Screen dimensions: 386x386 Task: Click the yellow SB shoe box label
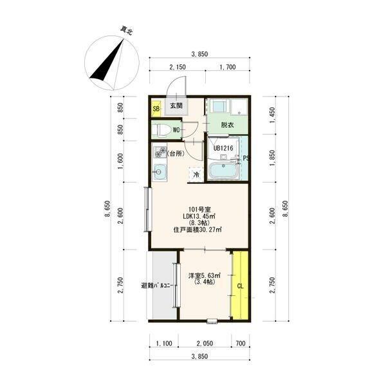[x=156, y=109]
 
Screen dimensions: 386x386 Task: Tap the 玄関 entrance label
[x=176, y=106]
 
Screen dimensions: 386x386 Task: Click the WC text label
[x=176, y=130]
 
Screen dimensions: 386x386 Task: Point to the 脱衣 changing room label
[x=227, y=125]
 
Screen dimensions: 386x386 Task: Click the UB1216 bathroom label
[x=223, y=148]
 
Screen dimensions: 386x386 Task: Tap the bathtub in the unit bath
[x=223, y=170]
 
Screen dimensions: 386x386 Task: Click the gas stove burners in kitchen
[x=160, y=152]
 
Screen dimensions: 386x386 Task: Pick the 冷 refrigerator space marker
[x=196, y=175]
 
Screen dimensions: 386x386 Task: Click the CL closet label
[x=240, y=286]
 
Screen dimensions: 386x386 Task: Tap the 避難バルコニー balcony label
[x=157, y=286]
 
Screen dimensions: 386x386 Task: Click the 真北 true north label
[x=126, y=31]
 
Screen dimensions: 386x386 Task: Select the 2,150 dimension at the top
[x=178, y=67]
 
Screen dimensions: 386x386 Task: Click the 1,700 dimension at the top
[x=228, y=67]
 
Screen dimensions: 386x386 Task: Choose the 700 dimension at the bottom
[x=241, y=343]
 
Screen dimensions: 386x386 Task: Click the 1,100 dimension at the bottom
[x=164, y=343]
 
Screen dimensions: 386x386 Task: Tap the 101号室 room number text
[x=199, y=210]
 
